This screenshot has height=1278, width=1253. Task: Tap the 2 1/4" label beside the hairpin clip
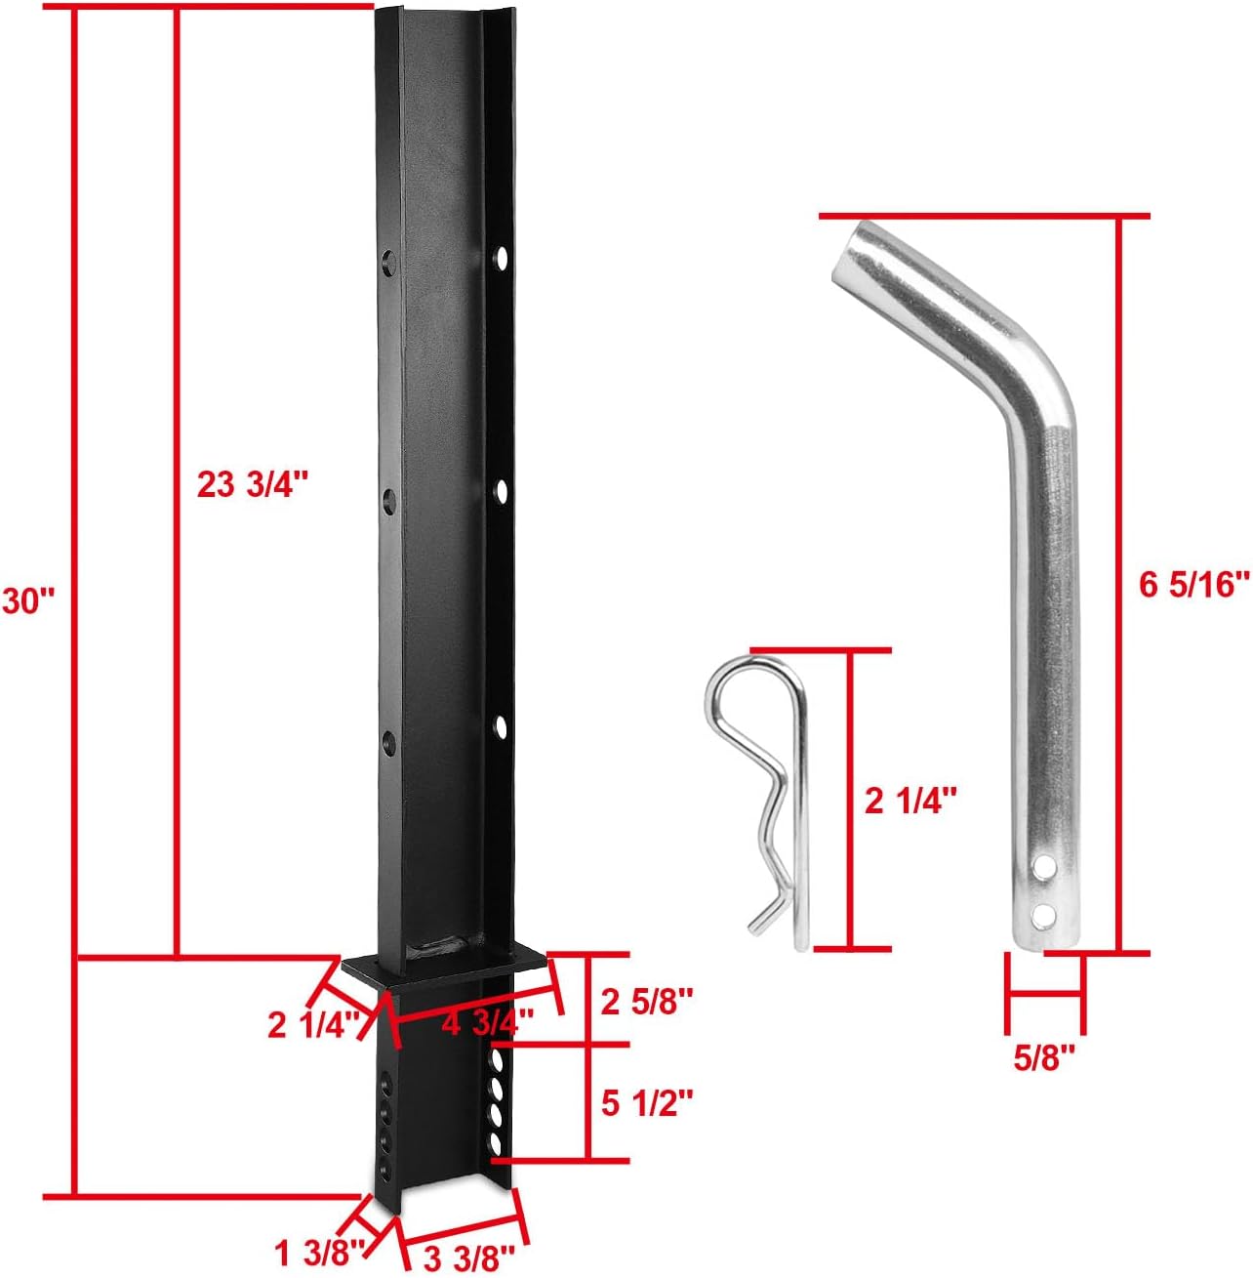click(911, 802)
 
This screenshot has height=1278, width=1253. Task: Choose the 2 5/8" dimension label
click(647, 1001)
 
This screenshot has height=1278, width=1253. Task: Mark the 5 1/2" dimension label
click(647, 1104)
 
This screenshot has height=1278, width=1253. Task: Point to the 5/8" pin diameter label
click(1044, 1056)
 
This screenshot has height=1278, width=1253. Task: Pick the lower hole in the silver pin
click(1046, 914)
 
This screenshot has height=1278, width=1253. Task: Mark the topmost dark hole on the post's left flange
click(390, 262)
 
